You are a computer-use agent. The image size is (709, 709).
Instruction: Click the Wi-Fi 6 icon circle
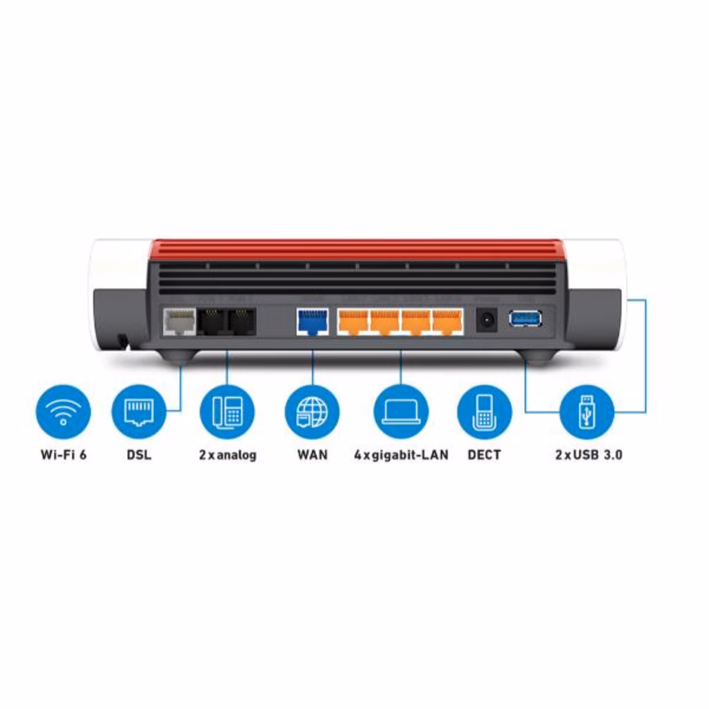[63, 412]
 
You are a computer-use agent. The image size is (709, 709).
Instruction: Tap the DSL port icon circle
[139, 412]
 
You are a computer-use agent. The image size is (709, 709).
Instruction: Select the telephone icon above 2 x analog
[227, 412]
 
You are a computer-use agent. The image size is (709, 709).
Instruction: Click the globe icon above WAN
[312, 412]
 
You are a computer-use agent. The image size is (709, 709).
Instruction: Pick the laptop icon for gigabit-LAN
[401, 412]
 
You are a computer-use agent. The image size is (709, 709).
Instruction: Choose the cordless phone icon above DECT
[484, 412]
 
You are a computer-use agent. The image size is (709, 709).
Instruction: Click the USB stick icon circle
[586, 412]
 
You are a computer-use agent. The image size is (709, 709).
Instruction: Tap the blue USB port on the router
[526, 319]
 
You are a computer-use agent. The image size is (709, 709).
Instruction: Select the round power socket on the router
[487, 321]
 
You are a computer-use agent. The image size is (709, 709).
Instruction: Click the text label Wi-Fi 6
[63, 455]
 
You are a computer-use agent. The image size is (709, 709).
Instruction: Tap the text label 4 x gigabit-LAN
[401, 455]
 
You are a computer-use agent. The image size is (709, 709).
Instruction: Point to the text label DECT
[484, 455]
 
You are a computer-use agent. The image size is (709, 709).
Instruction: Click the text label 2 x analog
[227, 455]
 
